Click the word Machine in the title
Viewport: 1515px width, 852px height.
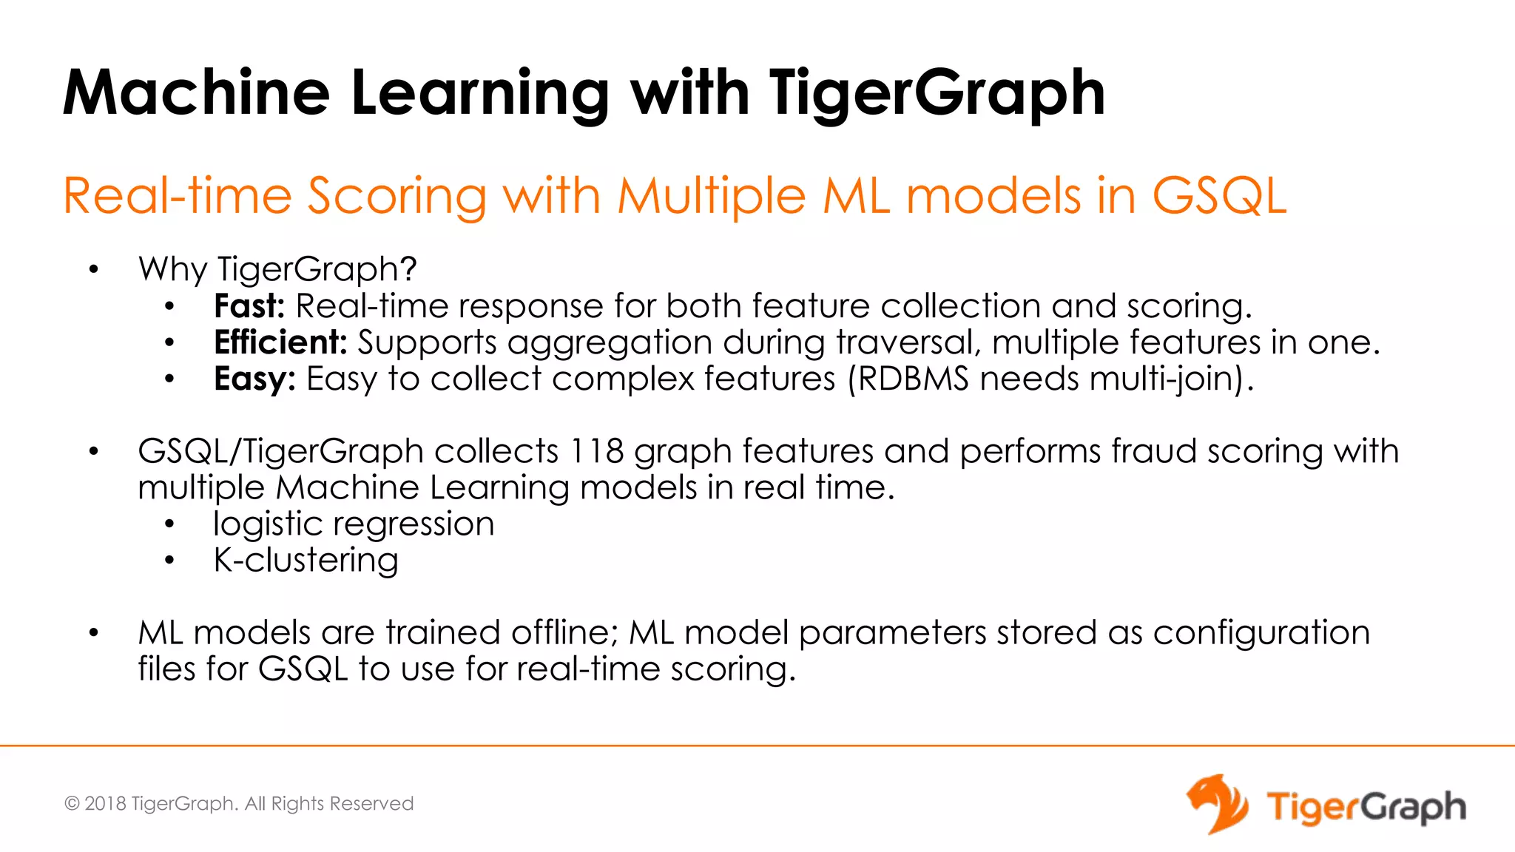point(196,93)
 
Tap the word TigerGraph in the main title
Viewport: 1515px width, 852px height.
point(937,95)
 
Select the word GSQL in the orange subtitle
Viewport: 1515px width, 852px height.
point(1219,197)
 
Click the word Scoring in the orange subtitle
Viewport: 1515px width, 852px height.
point(397,197)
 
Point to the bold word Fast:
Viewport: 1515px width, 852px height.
point(249,306)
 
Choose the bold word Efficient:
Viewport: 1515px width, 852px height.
point(280,342)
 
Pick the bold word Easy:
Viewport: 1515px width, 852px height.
point(254,379)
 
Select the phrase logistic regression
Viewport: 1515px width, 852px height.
point(354,524)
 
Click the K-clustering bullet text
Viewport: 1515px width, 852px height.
point(306,561)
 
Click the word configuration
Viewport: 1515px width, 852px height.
point(1261,633)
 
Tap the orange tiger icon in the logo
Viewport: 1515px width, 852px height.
point(1217,804)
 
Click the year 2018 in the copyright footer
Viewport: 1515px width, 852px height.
point(105,804)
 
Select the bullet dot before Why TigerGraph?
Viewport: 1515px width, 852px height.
point(93,270)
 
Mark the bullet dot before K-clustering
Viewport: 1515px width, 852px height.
point(169,561)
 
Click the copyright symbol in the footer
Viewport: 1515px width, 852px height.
point(72,804)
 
